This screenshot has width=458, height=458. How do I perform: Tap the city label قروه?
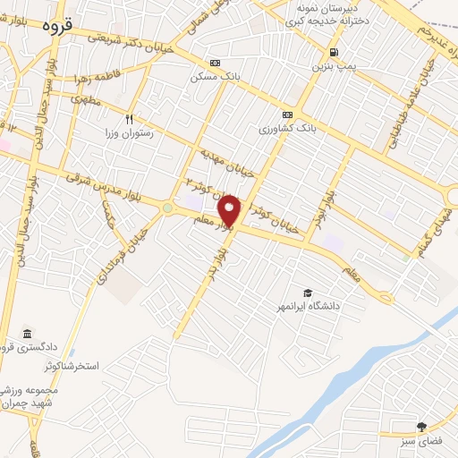click(x=61, y=25)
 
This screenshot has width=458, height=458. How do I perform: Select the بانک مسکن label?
click(x=215, y=78)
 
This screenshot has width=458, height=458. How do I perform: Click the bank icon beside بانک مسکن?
click(x=215, y=63)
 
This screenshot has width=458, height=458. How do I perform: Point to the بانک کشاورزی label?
click(x=289, y=130)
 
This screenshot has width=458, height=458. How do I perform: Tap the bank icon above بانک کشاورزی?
click(x=288, y=114)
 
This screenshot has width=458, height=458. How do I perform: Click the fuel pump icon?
click(x=333, y=52)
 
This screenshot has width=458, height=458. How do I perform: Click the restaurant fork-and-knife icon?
click(x=129, y=119)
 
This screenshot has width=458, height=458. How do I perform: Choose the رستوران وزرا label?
click(x=131, y=132)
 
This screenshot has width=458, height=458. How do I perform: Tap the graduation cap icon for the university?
click(x=308, y=293)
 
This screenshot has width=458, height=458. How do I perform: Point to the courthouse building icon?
click(x=26, y=333)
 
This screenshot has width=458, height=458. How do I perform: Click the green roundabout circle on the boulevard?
click(x=166, y=208)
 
